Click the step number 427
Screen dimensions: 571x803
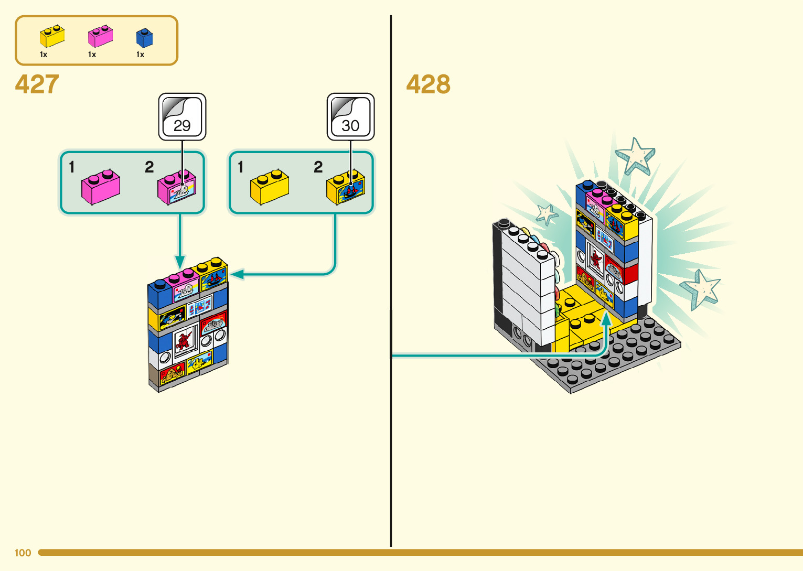(37, 84)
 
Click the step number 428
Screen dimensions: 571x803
(428, 84)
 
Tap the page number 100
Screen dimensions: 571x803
(23, 553)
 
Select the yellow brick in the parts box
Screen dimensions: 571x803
(52, 37)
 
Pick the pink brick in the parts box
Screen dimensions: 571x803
(100, 37)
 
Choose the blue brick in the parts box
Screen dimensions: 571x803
(144, 38)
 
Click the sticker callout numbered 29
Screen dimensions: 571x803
(182, 117)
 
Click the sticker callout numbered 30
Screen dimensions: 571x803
(350, 117)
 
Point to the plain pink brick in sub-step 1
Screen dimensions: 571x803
(100, 187)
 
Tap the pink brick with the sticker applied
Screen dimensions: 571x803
(177, 188)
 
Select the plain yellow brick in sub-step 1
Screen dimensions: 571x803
(269, 187)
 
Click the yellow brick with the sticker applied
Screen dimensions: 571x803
(346, 188)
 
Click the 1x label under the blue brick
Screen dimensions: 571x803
(140, 55)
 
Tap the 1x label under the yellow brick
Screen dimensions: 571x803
(44, 55)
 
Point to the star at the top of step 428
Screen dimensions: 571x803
(635, 155)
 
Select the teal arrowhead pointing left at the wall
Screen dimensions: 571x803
(237, 274)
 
